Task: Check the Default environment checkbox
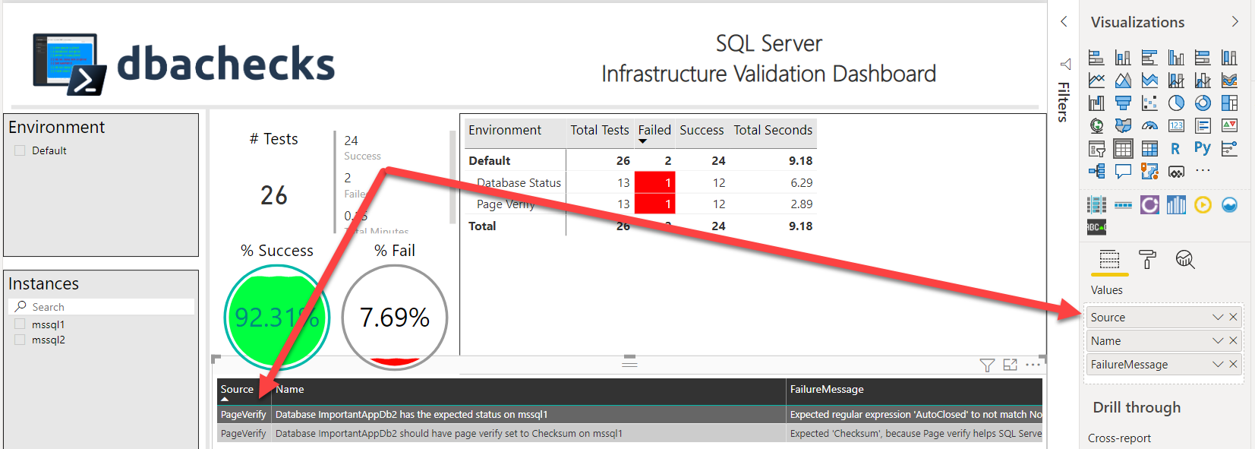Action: click(x=20, y=150)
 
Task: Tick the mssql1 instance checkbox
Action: click(x=20, y=324)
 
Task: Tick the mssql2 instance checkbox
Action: click(x=20, y=340)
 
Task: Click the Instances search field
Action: click(x=106, y=307)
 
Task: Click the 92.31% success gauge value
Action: click(x=276, y=317)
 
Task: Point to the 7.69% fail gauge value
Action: click(x=394, y=317)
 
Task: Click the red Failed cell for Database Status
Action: click(x=654, y=182)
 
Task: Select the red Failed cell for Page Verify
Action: click(x=654, y=204)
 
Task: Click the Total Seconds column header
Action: click(x=772, y=130)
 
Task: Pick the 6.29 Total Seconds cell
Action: click(x=801, y=182)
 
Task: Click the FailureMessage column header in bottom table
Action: click(x=827, y=389)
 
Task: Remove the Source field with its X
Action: click(x=1233, y=317)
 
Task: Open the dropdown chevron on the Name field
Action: click(x=1218, y=341)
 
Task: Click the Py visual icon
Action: click(x=1202, y=148)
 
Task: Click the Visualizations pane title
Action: click(x=1137, y=22)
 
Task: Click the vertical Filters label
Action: click(x=1064, y=101)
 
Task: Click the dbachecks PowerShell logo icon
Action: click(x=67, y=64)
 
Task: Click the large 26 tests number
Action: click(x=274, y=195)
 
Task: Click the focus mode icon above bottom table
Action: click(x=1010, y=365)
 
